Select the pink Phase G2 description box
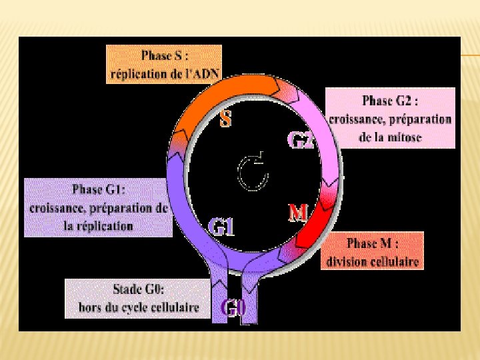point(390,119)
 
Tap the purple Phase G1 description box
point(98,207)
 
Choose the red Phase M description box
point(373,251)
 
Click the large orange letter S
point(227,120)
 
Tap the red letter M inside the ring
point(297,213)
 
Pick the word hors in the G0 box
point(89,307)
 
